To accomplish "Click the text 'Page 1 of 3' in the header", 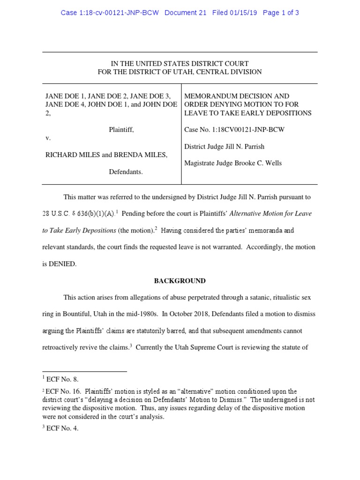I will pos(281,13).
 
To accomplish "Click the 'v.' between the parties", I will pos(48,138).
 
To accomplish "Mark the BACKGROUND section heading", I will pos(180,281).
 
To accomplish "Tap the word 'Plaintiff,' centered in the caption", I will pos(121,129).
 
